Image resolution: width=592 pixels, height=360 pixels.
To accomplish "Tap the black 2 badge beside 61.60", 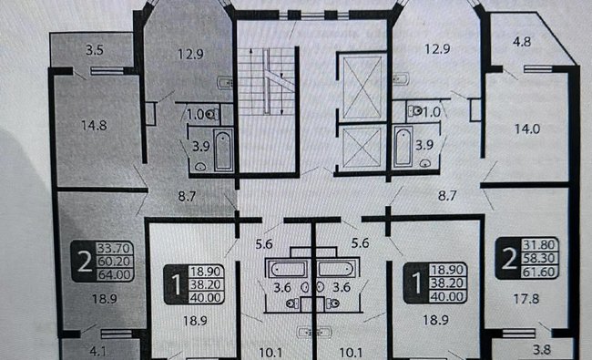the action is click(505, 256).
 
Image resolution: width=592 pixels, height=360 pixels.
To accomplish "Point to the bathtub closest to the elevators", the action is click(402, 146).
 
